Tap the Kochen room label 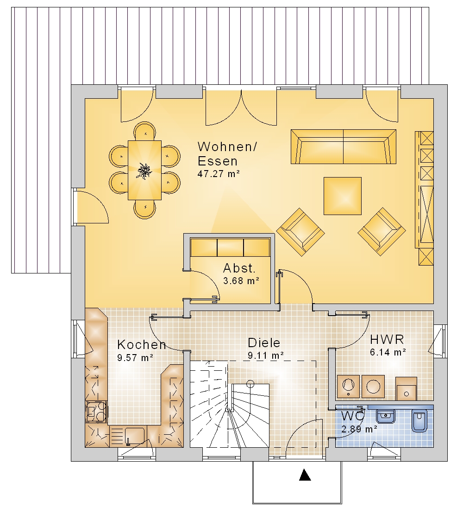pyautogui.click(x=142, y=344)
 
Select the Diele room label pyautogui.click(x=264, y=343)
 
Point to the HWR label pyautogui.click(x=387, y=340)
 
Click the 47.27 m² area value pyautogui.click(x=219, y=174)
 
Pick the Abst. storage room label pyautogui.click(x=239, y=268)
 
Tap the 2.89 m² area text pyautogui.click(x=359, y=429)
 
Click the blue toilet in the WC pyautogui.click(x=419, y=420)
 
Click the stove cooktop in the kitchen pyautogui.click(x=96, y=412)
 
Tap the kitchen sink pyautogui.click(x=135, y=436)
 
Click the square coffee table pyautogui.click(x=343, y=196)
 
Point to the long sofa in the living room pyautogui.click(x=344, y=146)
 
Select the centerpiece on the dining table pyautogui.click(x=144, y=171)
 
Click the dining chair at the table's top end pyautogui.click(x=144, y=131)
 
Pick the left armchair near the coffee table pyautogui.click(x=300, y=232)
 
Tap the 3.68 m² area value pyautogui.click(x=241, y=281)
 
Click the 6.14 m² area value pyautogui.click(x=388, y=352)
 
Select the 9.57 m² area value pyautogui.click(x=135, y=358)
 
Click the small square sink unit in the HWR pyautogui.click(x=407, y=389)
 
